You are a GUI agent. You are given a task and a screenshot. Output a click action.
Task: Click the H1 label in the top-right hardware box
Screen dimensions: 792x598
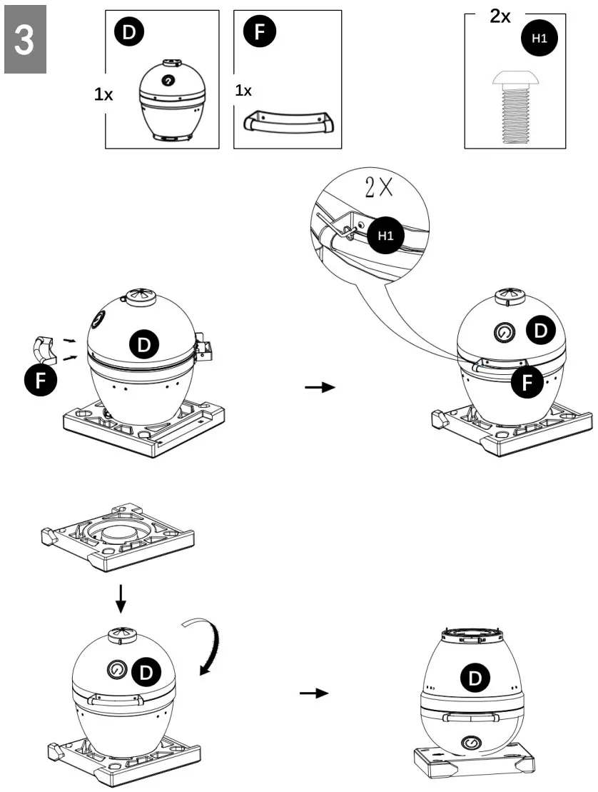540,39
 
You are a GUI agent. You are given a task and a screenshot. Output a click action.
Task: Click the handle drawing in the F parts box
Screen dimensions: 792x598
290,122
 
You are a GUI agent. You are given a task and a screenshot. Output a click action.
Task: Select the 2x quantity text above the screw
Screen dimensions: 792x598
500,16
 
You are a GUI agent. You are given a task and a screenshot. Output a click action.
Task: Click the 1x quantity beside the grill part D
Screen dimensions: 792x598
103,94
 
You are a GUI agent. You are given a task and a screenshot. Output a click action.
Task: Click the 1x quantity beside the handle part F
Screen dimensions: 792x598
244,91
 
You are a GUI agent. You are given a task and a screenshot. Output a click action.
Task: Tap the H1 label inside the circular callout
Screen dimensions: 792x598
385,236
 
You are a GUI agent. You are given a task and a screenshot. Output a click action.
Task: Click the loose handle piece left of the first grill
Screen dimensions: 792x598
45,350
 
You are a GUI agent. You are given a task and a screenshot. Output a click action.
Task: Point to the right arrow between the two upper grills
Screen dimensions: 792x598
318,387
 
